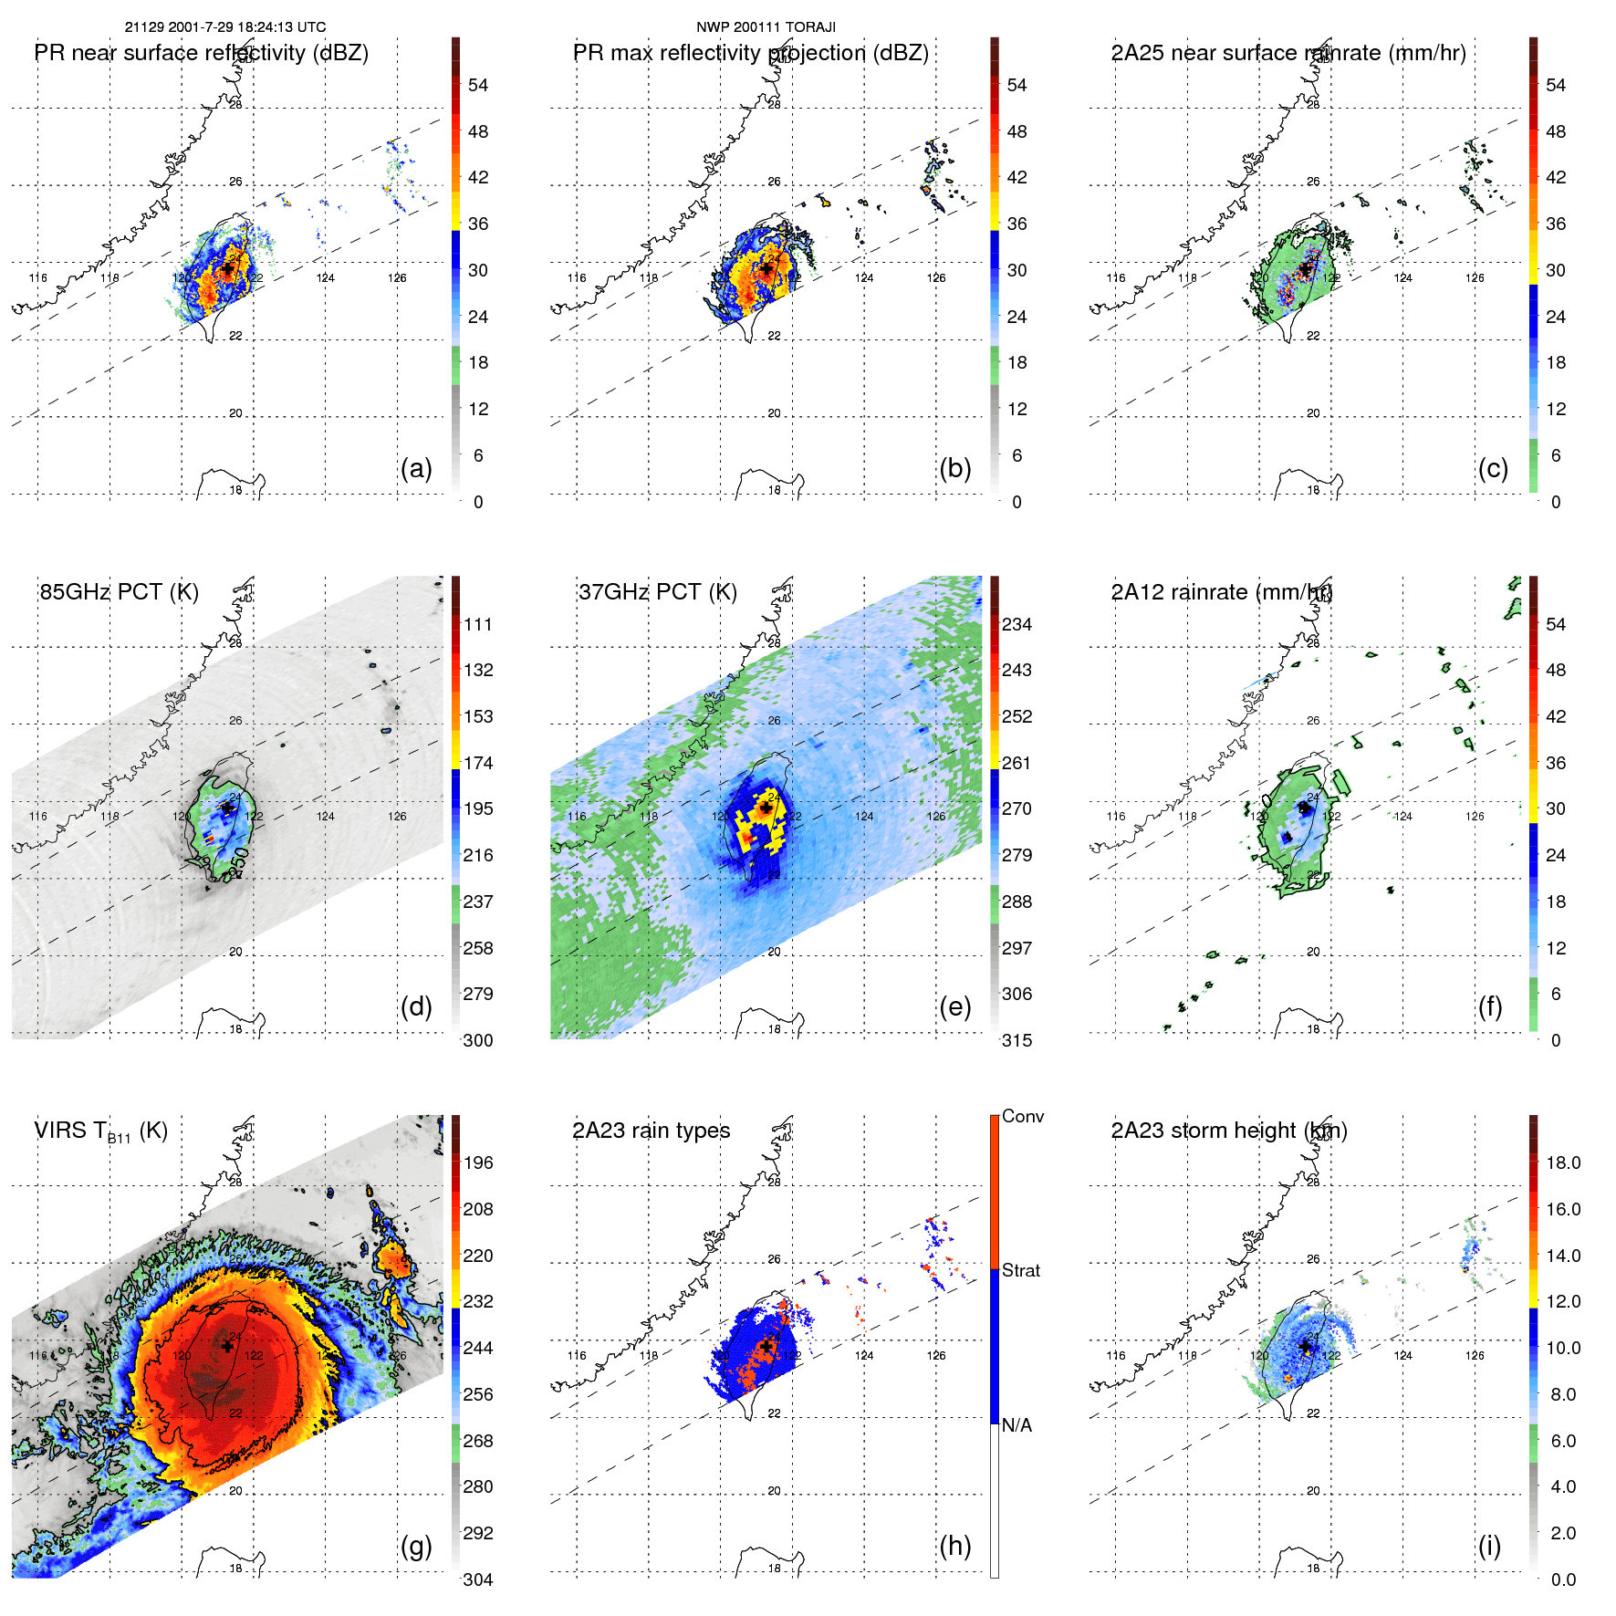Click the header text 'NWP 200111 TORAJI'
click(766, 27)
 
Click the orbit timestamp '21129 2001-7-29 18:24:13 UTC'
click(225, 27)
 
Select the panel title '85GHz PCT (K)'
click(119, 592)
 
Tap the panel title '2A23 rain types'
click(651, 1131)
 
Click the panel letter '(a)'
click(416, 468)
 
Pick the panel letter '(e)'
click(954, 1006)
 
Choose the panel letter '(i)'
click(1489, 1546)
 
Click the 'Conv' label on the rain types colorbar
click(1023, 1116)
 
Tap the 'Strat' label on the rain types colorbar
click(1021, 1270)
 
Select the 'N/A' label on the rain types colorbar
click(1017, 1425)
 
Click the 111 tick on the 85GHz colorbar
click(478, 624)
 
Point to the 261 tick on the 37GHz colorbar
click(1017, 763)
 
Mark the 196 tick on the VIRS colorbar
click(478, 1162)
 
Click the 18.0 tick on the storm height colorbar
click(1563, 1162)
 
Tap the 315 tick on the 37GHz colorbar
click(1017, 1040)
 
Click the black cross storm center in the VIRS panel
click(227, 1346)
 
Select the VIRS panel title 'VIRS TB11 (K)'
click(100, 1131)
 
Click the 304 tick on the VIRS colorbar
click(478, 1580)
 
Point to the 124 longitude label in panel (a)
click(326, 278)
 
